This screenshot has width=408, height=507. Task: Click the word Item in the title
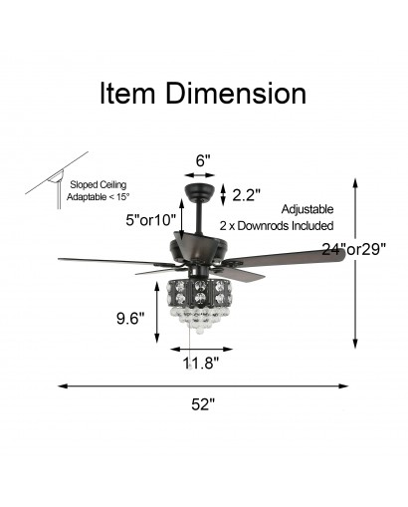click(127, 93)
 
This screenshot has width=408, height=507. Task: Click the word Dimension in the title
click(236, 93)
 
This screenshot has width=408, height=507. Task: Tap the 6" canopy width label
click(203, 160)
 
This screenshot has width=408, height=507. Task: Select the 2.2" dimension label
click(246, 195)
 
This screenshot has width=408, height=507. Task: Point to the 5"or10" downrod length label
click(151, 220)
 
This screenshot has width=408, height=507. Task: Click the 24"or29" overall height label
click(354, 249)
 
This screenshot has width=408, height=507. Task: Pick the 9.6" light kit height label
click(130, 319)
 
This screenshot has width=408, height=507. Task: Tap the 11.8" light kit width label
click(201, 363)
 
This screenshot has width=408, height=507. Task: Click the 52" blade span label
click(203, 404)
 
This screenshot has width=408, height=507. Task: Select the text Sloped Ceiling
click(99, 185)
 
